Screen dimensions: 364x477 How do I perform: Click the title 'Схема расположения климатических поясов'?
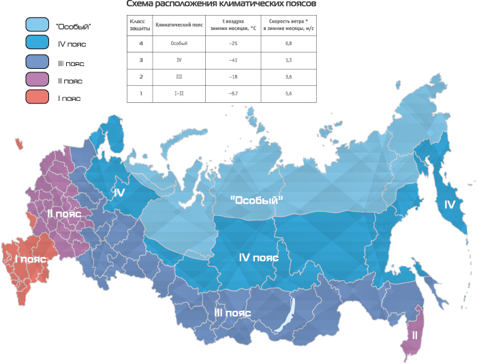point(217,4)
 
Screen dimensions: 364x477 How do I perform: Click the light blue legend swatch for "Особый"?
point(39,25)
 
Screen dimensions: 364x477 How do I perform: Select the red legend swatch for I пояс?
point(39,97)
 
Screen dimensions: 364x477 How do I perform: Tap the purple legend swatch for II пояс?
point(39,80)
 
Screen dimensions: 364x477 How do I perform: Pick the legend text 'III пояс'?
point(72,63)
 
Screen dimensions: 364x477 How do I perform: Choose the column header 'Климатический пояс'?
point(179,25)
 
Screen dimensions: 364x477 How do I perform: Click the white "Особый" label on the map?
point(256,200)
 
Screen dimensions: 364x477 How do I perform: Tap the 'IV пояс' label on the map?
point(258,258)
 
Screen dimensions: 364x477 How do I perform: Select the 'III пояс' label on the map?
point(232,313)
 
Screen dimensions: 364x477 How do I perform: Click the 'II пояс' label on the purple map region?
point(64,213)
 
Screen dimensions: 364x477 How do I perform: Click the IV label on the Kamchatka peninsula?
point(449,204)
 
